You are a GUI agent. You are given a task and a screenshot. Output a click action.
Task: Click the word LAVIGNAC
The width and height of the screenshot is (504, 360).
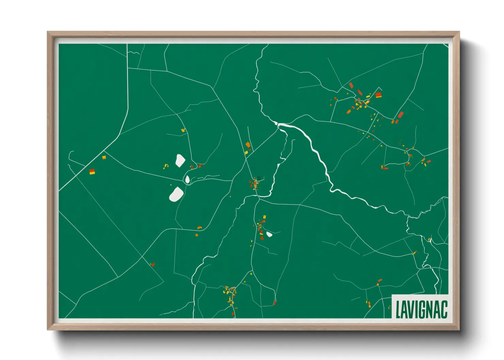pos(421,309)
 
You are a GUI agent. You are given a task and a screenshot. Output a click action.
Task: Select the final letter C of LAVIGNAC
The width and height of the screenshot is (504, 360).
pos(444,309)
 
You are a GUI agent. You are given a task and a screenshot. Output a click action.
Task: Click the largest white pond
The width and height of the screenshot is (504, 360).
pos(176,194)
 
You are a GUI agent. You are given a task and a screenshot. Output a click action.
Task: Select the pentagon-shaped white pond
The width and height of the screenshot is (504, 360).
pos(180,160)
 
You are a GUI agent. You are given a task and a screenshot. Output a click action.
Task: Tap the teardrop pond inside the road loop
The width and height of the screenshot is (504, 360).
pos(187,179)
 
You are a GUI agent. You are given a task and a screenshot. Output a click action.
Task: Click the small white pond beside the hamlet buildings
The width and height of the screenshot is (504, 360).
pos(269,234)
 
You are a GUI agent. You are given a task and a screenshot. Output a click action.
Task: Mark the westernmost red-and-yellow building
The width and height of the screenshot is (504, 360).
pos(92,172)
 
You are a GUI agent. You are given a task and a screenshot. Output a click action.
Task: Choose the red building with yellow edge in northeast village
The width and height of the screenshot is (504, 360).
pos(378,95)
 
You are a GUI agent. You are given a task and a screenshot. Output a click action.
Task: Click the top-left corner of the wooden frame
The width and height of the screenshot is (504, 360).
pos(48,32)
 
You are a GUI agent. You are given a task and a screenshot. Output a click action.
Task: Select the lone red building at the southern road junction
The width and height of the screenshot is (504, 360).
pos(274,302)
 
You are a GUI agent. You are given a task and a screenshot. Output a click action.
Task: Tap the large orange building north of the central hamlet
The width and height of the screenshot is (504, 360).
pos(248,145)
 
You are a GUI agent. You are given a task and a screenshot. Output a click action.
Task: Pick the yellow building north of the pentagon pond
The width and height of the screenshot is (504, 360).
pos(183,130)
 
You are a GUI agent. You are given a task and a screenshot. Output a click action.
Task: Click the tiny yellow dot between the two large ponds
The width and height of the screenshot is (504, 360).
pos(171,185)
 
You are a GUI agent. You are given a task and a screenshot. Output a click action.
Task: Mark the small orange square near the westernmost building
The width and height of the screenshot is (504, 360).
pos(104,157)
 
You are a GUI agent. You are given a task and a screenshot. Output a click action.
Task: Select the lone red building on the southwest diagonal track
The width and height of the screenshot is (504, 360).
pos(153,264)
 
